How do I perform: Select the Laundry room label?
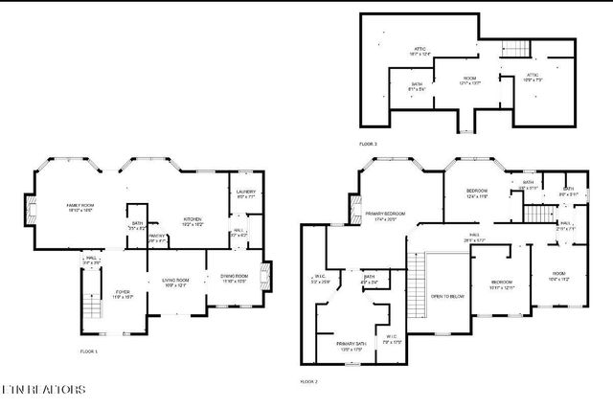click(246, 195)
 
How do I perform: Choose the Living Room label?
click(174, 283)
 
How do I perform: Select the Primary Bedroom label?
click(387, 216)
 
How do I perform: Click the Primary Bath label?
click(351, 346)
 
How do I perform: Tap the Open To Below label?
click(446, 297)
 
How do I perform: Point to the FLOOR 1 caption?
click(89, 351)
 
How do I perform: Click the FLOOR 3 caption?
click(368, 144)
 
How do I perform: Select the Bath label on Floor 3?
click(418, 87)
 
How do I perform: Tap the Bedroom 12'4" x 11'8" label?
click(477, 193)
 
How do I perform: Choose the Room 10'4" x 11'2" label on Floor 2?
click(558, 279)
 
